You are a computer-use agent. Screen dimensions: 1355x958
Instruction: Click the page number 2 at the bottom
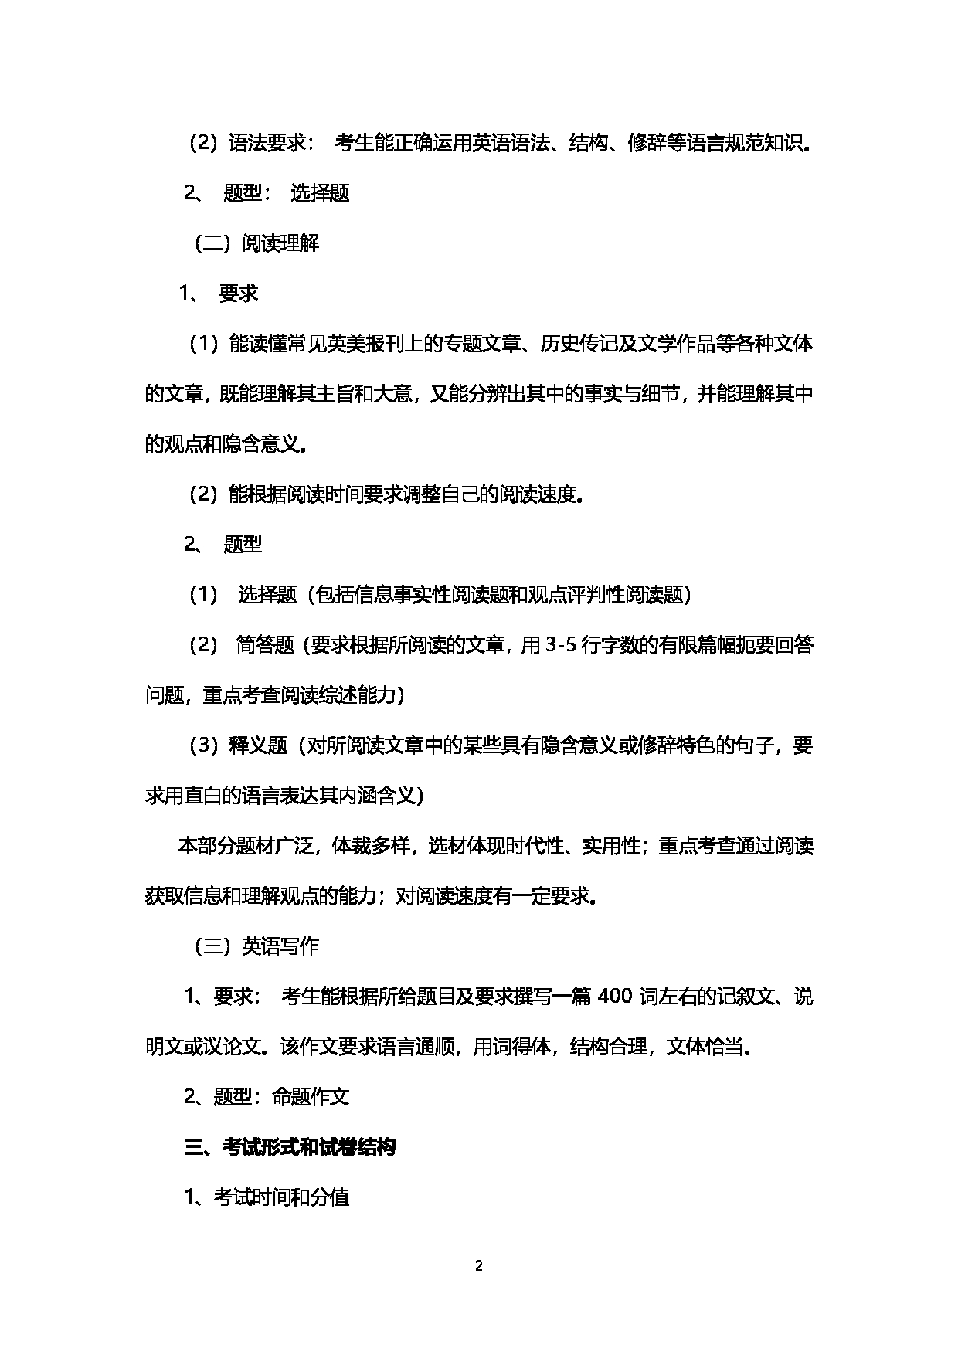[478, 1266]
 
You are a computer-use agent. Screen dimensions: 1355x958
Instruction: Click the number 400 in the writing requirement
[615, 997]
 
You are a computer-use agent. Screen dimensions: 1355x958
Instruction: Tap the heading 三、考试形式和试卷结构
[290, 1148]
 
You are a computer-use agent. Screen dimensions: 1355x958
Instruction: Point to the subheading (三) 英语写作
[256, 947]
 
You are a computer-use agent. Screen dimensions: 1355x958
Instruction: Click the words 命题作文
[311, 1097]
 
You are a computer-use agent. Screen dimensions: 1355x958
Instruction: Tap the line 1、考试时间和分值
[267, 1198]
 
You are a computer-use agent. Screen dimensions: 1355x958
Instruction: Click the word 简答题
[265, 646]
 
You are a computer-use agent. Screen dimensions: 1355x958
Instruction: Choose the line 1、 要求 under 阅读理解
[219, 294]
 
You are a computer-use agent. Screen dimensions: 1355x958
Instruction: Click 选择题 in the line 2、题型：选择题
[320, 194]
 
